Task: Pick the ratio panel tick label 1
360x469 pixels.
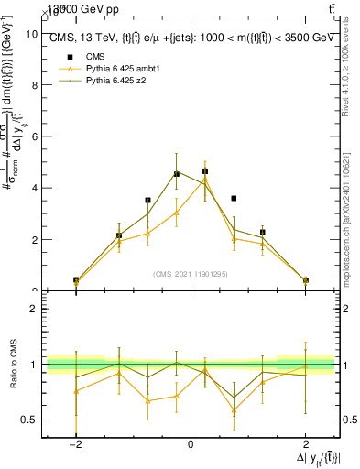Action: (34, 365)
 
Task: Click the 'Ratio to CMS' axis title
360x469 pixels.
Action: (13, 365)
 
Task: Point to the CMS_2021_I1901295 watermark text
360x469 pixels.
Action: (190, 274)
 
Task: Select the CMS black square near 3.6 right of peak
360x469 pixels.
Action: (234, 198)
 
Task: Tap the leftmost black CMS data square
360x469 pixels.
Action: (76, 279)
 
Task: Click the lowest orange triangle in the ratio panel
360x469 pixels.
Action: (234, 409)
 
